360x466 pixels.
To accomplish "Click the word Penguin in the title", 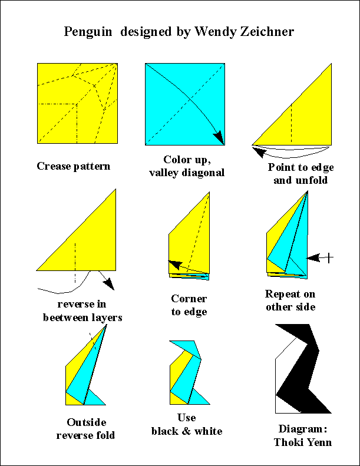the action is (x=88, y=32).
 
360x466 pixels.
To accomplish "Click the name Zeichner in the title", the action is (x=267, y=31).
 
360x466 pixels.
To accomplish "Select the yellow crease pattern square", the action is (x=77, y=104).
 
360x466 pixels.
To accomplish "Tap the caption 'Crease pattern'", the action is (x=74, y=166).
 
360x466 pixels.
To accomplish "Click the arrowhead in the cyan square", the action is (x=219, y=137).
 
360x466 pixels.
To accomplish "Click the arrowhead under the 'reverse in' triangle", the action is (x=108, y=283).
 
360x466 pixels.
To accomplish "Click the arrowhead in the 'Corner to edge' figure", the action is (x=176, y=264).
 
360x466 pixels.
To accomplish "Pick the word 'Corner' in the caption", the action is (x=189, y=299).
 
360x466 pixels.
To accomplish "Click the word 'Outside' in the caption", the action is (x=87, y=422).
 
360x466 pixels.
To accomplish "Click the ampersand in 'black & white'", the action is (x=186, y=431).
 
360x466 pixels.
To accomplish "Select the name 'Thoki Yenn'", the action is (x=303, y=442).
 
